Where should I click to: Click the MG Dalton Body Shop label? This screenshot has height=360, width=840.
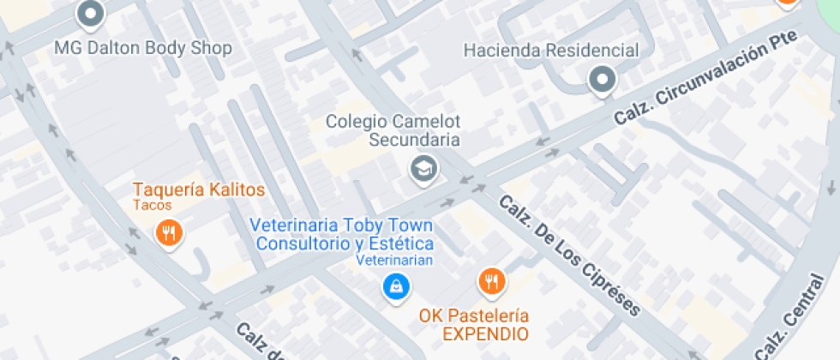point(143,48)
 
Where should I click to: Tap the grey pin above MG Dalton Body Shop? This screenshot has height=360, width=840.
point(90,14)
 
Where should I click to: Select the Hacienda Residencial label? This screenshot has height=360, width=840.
point(551,51)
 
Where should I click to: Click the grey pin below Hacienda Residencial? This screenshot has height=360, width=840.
point(603,81)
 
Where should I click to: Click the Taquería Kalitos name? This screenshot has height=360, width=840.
point(198,189)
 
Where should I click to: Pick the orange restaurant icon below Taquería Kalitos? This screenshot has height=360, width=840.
point(170,232)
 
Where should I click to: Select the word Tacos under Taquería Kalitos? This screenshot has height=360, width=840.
point(153,206)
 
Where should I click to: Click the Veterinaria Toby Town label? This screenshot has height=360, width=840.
point(341,225)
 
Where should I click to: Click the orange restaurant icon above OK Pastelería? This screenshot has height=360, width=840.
point(490,280)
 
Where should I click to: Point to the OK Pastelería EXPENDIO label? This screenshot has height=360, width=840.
point(474,324)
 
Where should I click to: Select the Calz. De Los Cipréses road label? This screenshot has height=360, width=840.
point(569,256)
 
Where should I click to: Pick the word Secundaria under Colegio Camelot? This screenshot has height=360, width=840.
point(415,140)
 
